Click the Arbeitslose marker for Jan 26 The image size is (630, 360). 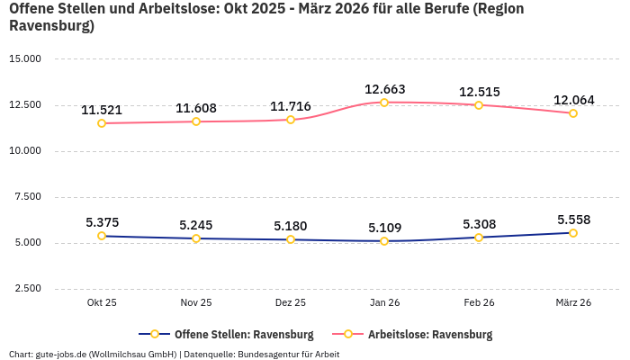(384, 103)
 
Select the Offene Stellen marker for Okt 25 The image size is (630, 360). (102, 236)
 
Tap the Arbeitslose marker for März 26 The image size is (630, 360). (573, 113)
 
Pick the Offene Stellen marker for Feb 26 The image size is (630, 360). (479, 238)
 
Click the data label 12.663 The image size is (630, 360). (384, 89)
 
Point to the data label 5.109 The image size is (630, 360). (384, 228)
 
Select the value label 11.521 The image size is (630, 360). (102, 110)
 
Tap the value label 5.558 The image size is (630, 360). (573, 220)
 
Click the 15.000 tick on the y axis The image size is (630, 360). (25, 59)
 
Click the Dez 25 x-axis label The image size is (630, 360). (290, 303)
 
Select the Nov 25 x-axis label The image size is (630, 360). (196, 303)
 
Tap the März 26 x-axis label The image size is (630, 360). (573, 303)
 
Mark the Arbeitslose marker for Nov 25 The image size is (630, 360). (196, 121)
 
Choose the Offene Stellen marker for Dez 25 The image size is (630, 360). (290, 239)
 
